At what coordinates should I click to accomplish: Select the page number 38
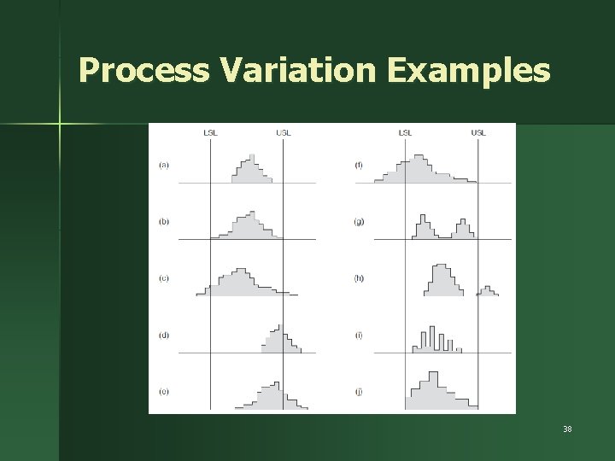coord(566,429)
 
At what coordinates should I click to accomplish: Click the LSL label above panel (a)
coord(210,132)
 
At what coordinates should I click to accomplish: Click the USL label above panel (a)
coord(283,132)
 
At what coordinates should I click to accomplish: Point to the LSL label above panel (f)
coord(405,132)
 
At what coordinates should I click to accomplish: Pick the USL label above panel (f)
coord(478,132)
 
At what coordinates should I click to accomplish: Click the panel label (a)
coord(163,165)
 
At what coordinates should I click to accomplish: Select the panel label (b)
coord(163,221)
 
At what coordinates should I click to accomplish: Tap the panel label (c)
coord(163,277)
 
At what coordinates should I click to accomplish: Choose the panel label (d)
coord(163,335)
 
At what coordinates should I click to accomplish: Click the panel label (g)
coord(359,221)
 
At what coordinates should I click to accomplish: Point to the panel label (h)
coord(359,277)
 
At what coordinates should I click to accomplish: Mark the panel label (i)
coord(359,335)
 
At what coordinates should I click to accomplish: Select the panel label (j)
coord(359,391)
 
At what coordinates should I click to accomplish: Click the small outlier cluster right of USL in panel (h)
coord(487,291)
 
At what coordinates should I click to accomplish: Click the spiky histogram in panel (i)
coord(436,341)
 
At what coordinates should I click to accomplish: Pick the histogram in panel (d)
coord(280,342)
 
